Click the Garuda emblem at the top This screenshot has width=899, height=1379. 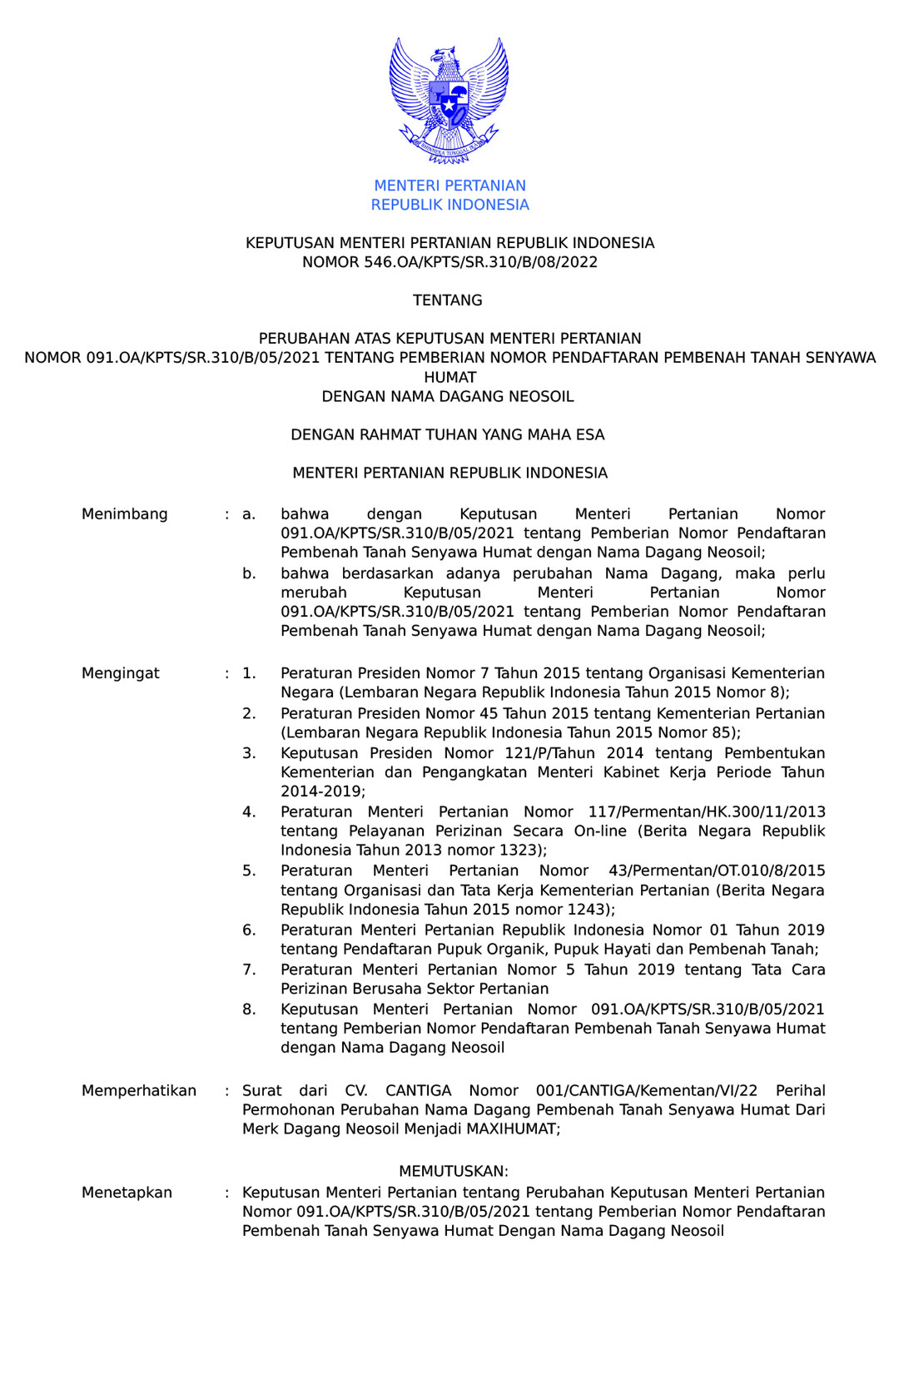click(x=449, y=100)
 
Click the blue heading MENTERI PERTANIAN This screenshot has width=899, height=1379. click(x=449, y=186)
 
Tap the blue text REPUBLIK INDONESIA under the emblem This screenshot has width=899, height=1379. click(x=449, y=205)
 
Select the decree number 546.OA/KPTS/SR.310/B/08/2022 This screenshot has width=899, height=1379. click(x=480, y=262)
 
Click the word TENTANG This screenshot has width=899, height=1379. click(x=448, y=300)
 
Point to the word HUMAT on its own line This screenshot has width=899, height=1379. click(x=449, y=377)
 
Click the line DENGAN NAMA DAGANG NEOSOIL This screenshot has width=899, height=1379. click(x=448, y=397)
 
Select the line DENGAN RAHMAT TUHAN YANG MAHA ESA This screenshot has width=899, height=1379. click(x=448, y=435)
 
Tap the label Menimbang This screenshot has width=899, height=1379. click(x=125, y=514)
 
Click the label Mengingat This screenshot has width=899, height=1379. click(x=121, y=673)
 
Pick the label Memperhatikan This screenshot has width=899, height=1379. click(x=139, y=1091)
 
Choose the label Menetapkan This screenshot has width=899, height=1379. click(x=127, y=1193)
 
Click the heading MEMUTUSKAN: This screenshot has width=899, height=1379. click(x=454, y=1171)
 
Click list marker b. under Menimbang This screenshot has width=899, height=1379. click(x=249, y=573)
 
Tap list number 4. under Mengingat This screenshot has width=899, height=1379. click(x=249, y=811)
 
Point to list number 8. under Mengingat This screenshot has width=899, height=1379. click(x=249, y=1009)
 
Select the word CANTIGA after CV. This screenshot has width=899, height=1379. click(x=418, y=1091)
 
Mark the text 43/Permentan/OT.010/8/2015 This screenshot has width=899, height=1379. click(x=717, y=871)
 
